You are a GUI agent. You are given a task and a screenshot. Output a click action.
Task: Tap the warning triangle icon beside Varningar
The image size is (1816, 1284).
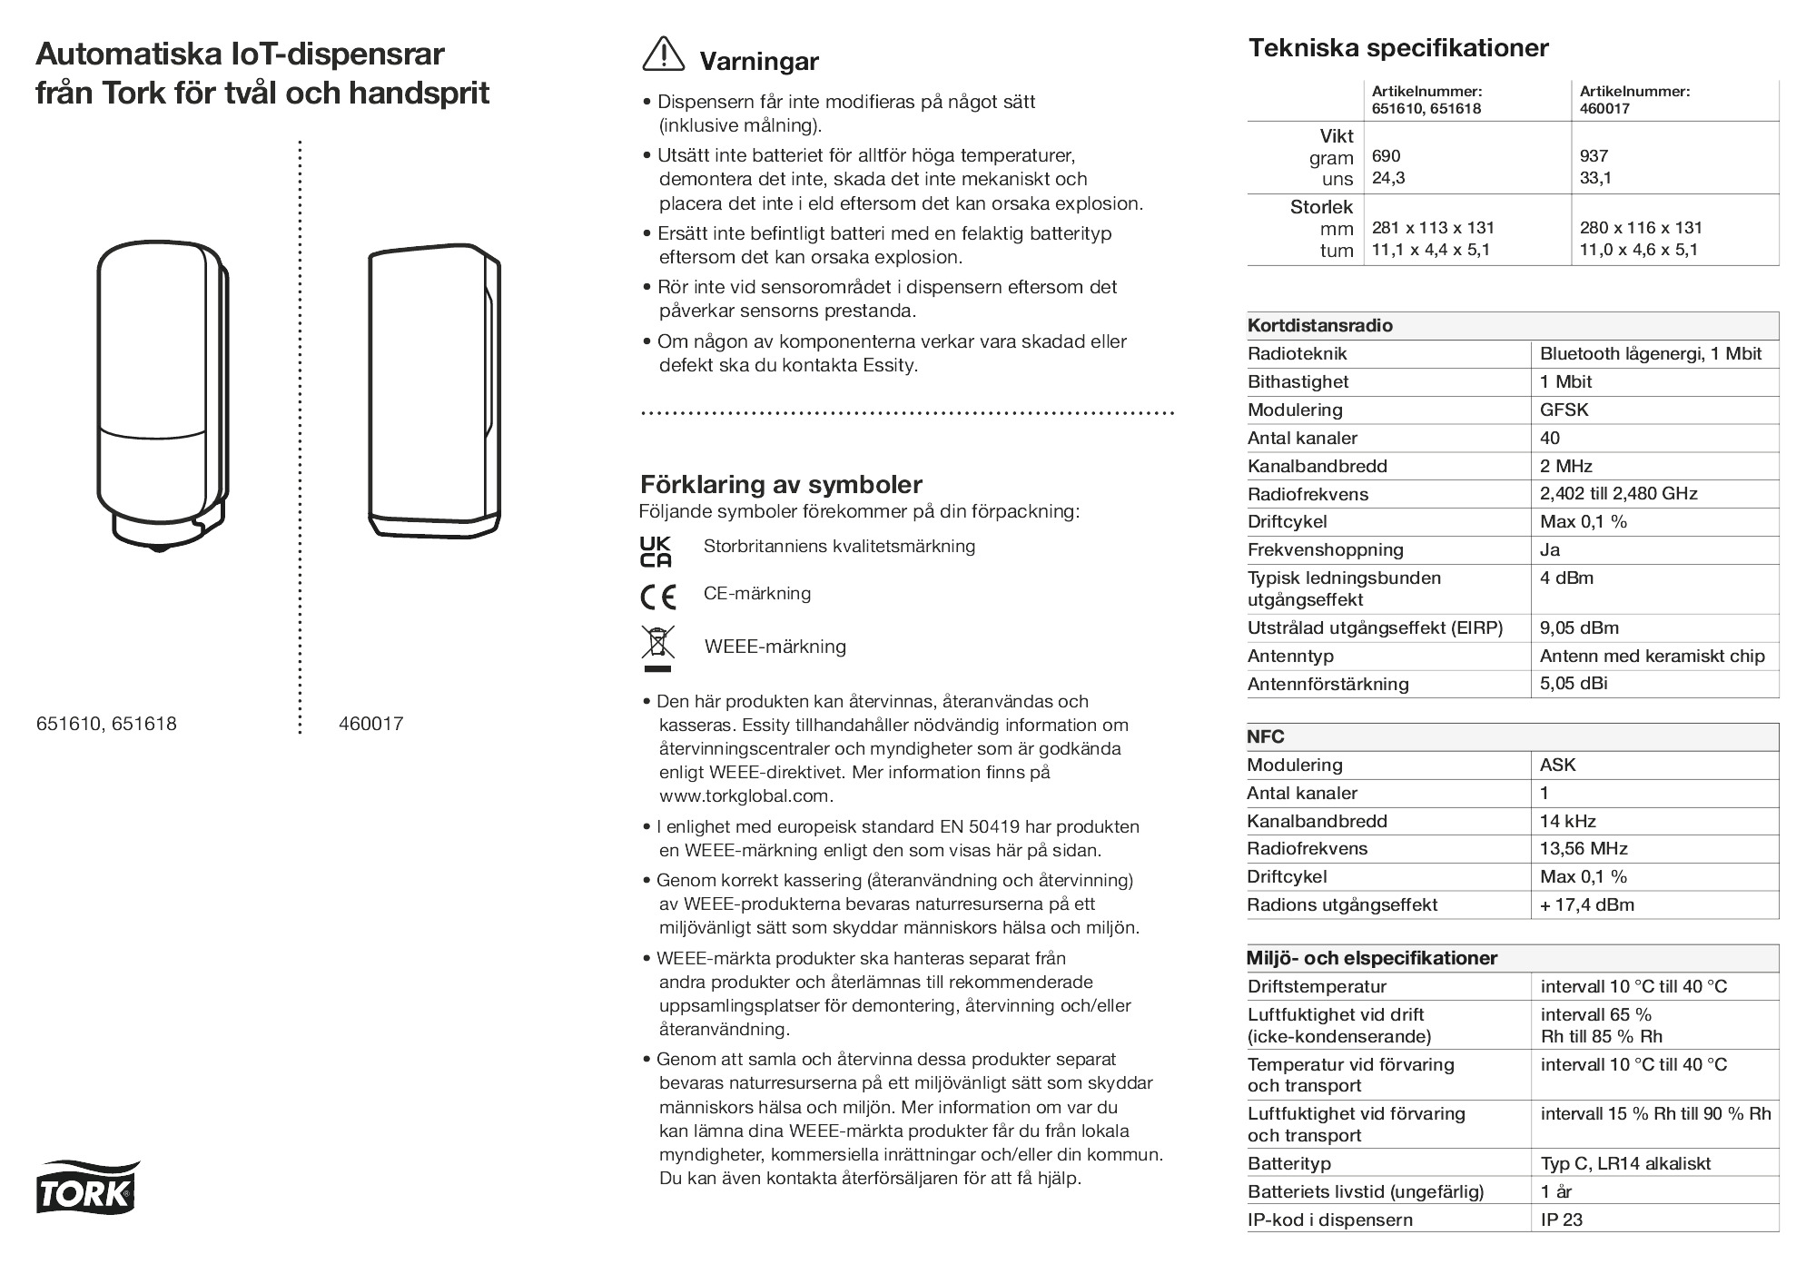663,54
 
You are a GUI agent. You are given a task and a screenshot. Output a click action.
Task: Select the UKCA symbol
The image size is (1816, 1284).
656,552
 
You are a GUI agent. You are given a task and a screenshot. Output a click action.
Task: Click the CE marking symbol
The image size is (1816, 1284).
657,597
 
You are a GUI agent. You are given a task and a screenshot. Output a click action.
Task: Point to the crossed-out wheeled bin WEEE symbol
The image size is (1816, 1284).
657,647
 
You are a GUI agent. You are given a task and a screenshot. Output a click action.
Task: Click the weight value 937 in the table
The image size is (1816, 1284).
1594,156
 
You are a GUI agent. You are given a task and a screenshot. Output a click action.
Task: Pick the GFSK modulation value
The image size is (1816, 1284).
1564,410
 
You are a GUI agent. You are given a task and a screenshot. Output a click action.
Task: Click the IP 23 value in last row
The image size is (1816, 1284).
1562,1220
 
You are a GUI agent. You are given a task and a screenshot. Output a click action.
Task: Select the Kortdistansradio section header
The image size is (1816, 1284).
1319,325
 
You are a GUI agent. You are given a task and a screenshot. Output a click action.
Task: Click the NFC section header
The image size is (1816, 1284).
1266,736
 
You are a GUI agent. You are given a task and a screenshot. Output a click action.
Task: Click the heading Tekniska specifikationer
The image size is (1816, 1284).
1398,48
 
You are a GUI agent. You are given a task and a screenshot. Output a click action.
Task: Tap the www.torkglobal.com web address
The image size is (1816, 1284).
745,795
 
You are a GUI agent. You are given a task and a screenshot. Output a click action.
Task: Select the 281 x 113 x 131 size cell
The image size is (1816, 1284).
1433,228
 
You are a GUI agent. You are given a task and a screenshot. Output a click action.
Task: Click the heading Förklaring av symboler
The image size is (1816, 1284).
781,484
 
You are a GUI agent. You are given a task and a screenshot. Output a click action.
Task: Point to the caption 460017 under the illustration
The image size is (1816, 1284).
370,724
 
